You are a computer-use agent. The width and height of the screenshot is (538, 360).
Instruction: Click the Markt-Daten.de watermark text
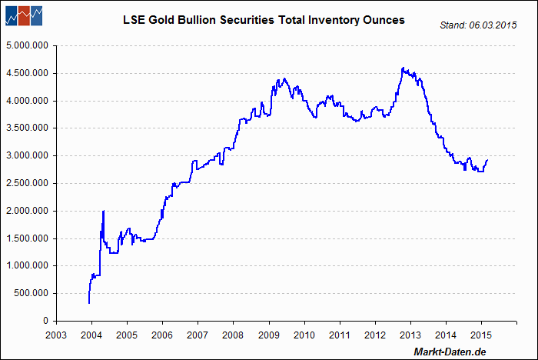click(450, 352)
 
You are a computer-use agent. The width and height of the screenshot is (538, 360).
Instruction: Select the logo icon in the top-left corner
click(23, 15)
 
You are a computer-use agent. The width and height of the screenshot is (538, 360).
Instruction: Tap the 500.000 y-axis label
click(31, 293)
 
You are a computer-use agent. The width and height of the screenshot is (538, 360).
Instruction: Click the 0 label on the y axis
click(46, 321)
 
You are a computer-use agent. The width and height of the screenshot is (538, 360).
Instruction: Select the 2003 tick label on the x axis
click(56, 335)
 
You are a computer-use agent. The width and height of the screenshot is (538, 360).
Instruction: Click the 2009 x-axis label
click(269, 335)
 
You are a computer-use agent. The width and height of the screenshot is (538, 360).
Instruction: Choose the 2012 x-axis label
click(375, 335)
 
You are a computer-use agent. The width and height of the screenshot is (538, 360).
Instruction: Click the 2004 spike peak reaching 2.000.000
click(104, 211)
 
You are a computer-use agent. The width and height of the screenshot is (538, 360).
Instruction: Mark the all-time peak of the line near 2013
click(403, 68)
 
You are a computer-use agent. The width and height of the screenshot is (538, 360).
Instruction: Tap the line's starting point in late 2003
click(90, 303)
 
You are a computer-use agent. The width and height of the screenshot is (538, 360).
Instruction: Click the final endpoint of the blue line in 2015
click(487, 160)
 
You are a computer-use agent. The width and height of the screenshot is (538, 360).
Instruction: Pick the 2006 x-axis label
click(162, 335)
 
